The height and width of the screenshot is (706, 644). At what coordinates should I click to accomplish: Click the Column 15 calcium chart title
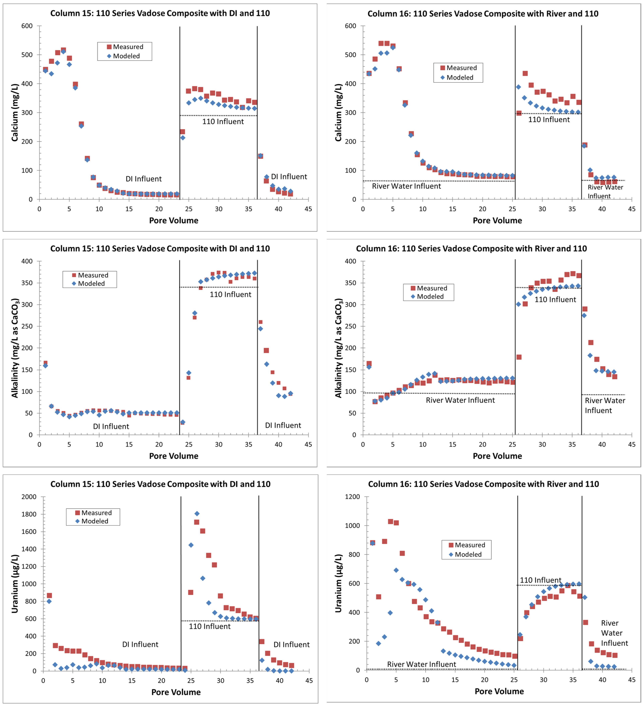160,13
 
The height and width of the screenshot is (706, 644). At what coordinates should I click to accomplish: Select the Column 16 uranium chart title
483,484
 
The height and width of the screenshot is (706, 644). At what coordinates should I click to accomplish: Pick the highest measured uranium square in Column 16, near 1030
391,521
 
